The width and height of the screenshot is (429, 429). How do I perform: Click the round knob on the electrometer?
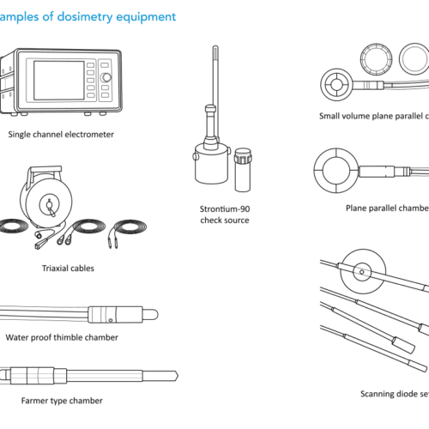point(106,78)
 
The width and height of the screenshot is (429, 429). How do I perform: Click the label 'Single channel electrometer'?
point(61,134)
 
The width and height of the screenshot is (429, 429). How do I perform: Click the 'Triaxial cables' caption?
point(68,269)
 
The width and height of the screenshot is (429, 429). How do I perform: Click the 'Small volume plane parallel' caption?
point(372,116)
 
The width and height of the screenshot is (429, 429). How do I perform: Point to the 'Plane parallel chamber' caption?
point(386,208)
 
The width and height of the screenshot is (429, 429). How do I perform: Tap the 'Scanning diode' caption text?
point(395,394)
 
